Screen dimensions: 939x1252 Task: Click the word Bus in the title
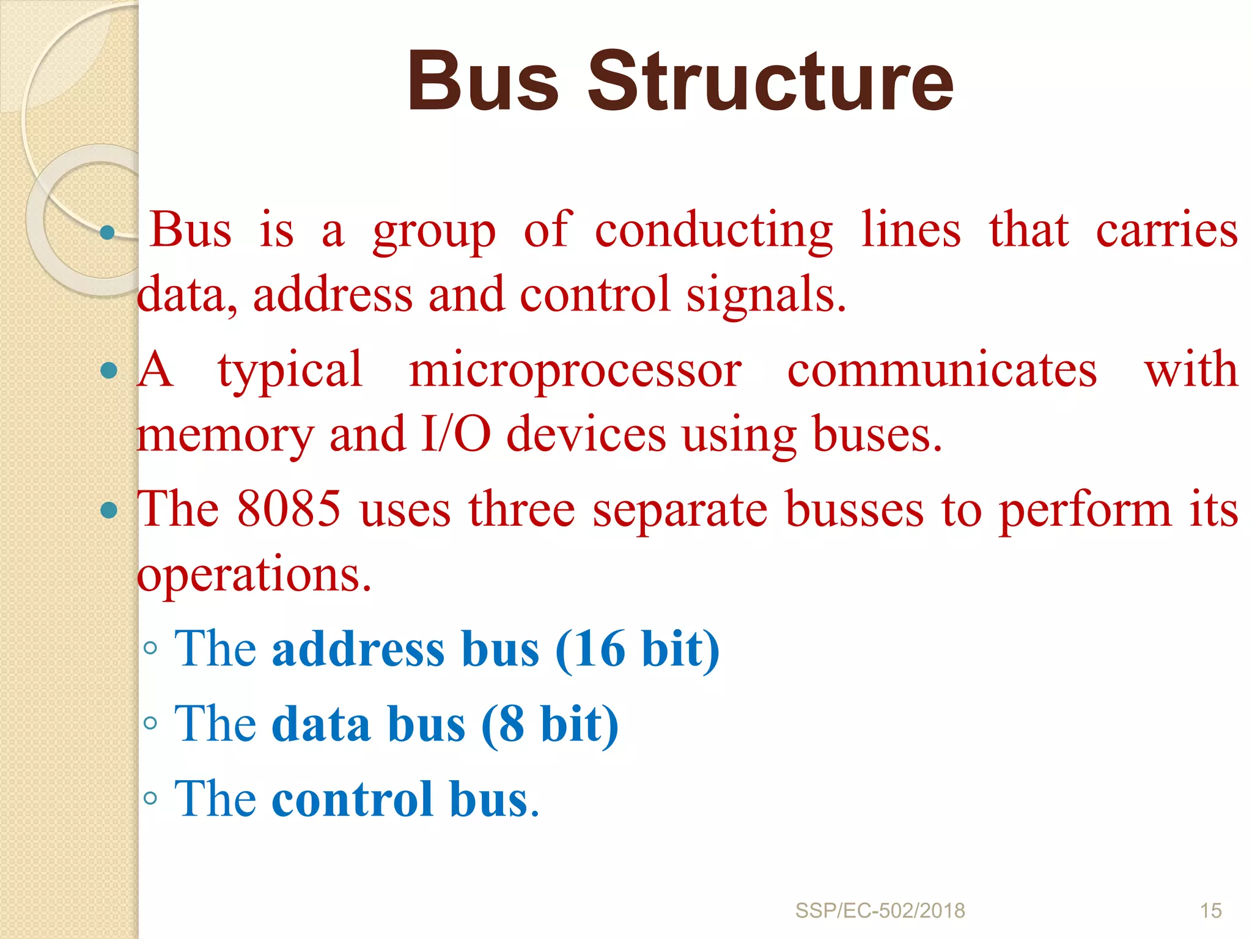tap(483, 83)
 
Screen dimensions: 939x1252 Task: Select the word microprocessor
tap(575, 371)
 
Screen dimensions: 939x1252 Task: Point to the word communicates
tap(941, 371)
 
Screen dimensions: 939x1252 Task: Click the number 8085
tap(289, 509)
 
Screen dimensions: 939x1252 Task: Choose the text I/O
tap(455, 435)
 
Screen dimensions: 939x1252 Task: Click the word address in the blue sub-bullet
tap(358, 650)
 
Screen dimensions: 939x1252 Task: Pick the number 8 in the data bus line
tap(511, 725)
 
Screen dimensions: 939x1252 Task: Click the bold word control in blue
tap(353, 800)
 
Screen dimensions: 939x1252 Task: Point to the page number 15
tap(1210, 911)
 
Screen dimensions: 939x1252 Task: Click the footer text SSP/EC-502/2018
tap(880, 911)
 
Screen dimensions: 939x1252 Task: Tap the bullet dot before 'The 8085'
tap(108, 510)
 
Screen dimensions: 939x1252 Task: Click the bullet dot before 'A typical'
tap(108, 370)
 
